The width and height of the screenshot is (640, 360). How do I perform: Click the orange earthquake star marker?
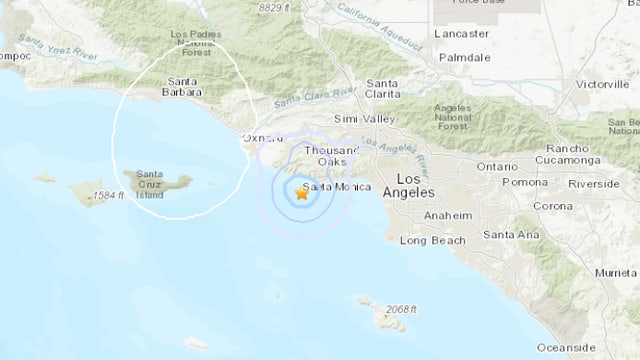tap(302, 194)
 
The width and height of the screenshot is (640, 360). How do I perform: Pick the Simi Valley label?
tap(358, 118)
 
